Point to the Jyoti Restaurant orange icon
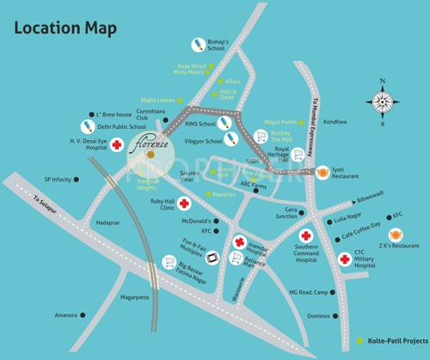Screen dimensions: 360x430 click(x=324, y=172)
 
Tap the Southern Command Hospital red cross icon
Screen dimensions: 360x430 click(x=304, y=235)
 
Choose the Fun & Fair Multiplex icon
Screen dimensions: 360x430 click(x=210, y=255)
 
